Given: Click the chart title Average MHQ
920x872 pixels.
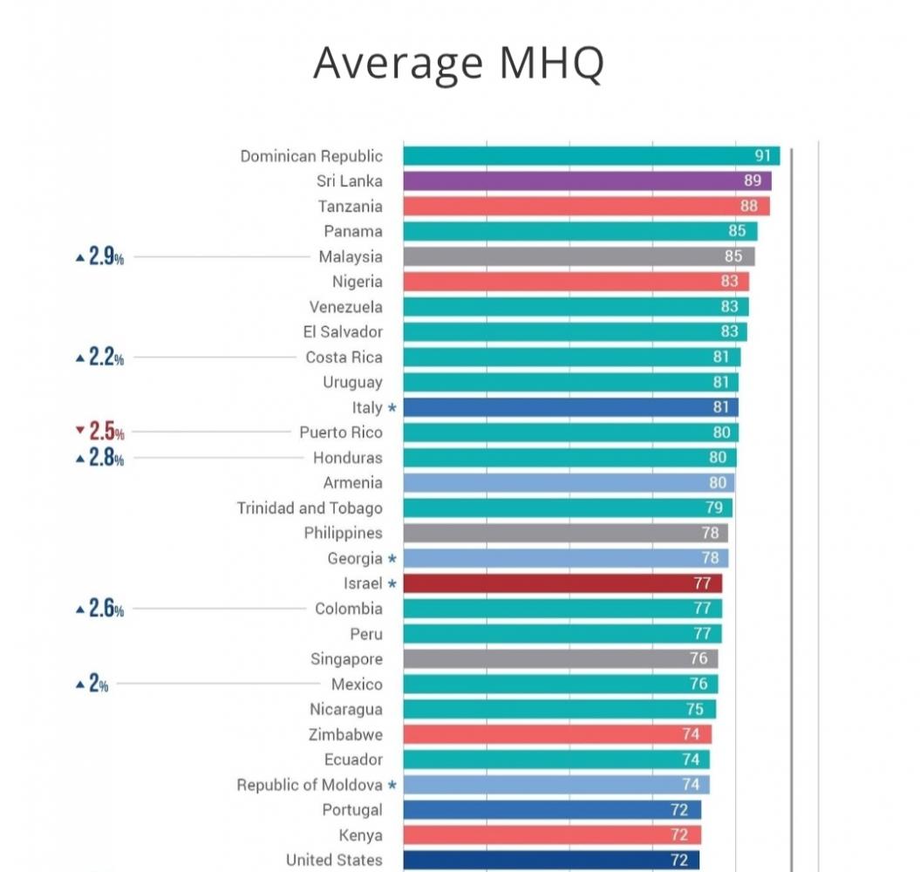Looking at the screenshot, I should (459, 63).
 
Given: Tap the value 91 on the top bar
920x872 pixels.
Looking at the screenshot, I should (763, 156).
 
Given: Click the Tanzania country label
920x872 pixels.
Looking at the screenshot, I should (350, 207).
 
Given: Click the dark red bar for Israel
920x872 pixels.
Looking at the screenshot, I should (562, 583).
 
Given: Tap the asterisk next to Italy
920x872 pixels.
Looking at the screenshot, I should (392, 407).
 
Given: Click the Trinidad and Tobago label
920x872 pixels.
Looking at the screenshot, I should (310, 508).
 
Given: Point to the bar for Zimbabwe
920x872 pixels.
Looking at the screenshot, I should (557, 734).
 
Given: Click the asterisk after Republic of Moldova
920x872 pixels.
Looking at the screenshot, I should (392, 785).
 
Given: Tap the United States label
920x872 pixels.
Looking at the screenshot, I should (334, 860).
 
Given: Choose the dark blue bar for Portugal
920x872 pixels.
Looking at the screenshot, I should (552, 810).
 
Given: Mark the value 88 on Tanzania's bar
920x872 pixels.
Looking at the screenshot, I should (748, 207).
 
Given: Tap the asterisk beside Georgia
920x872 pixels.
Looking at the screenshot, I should (392, 558).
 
